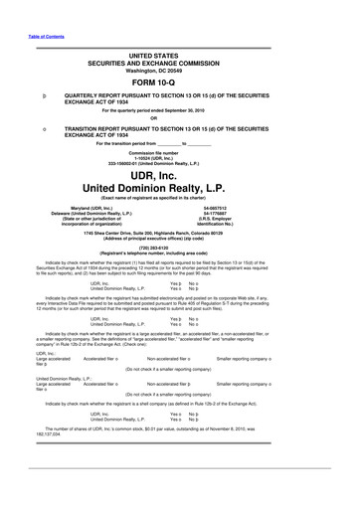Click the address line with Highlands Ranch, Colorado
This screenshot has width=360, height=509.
(179, 225)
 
